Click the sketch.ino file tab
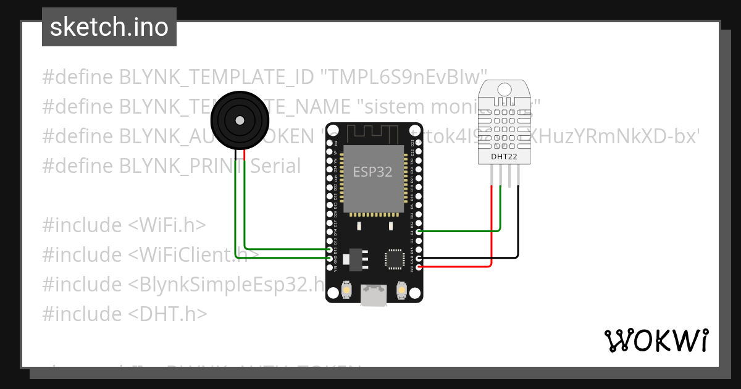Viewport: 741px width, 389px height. point(109,27)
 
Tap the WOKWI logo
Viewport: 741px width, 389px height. point(656,340)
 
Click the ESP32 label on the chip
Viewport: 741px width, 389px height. point(372,172)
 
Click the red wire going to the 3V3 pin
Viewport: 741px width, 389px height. point(457,267)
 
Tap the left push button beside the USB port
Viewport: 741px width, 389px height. point(346,290)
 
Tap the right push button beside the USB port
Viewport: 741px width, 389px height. point(401,290)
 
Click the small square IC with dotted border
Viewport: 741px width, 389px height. point(394,259)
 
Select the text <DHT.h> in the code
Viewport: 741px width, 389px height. point(167,314)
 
